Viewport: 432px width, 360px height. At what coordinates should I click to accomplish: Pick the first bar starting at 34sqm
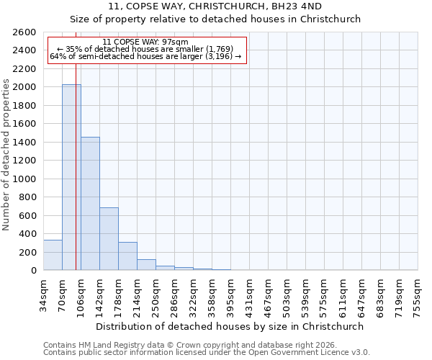tap(53, 256)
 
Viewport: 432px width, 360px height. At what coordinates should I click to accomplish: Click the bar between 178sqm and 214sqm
tap(127, 256)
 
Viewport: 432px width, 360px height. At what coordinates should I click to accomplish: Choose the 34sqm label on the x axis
tap(44, 294)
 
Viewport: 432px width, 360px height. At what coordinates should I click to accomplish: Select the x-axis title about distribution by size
tap(230, 326)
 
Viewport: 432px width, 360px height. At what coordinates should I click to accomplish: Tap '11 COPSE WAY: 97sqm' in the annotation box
tap(145, 42)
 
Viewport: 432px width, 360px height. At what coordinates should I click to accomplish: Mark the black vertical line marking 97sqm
tap(76, 180)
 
